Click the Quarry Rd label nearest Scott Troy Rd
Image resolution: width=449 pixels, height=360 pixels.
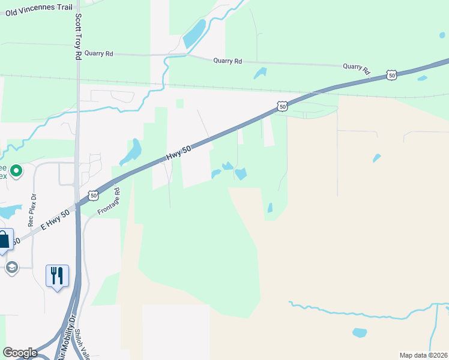click(x=98, y=53)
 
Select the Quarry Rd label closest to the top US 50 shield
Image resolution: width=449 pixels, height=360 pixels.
click(x=357, y=67)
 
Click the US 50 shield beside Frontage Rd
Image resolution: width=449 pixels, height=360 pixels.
click(x=93, y=195)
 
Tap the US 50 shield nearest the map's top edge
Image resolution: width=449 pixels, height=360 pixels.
click(x=391, y=75)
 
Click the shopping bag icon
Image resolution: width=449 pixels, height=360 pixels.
click(x=4, y=240)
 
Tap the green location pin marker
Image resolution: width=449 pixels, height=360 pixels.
click(x=16, y=172)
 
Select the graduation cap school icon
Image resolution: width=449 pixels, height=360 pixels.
click(x=11, y=267)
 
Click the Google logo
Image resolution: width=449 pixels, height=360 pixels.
click(x=20, y=353)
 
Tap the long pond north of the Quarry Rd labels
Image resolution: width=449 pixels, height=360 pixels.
click(x=194, y=34)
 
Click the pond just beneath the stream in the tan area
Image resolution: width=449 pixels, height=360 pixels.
click(x=360, y=332)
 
